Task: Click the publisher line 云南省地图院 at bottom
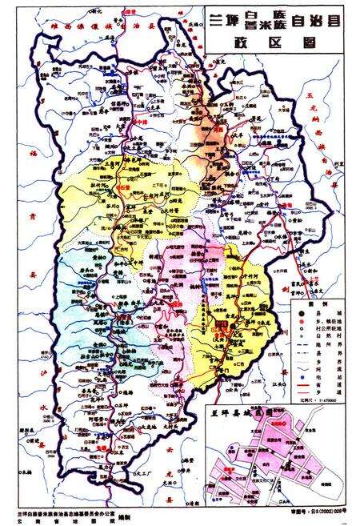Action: pyautogui.click(x=56, y=520)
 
